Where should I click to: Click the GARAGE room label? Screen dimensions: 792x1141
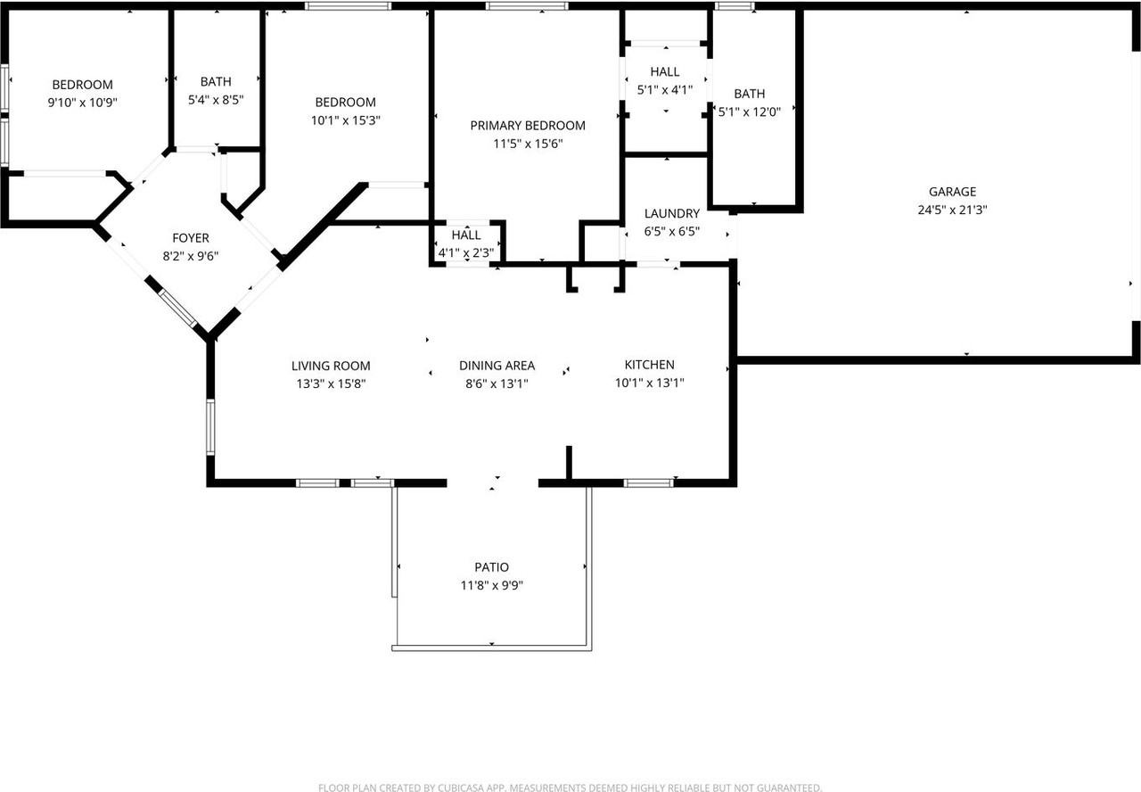coord(952,192)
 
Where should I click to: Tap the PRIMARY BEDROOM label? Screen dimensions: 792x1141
coord(528,126)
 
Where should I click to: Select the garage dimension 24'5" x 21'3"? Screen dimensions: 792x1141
coord(952,210)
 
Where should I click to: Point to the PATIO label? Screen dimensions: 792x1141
coord(491,567)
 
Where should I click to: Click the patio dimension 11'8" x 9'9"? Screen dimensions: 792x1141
coord(491,586)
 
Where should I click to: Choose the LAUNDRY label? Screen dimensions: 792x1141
coord(671,214)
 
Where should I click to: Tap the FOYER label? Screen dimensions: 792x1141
coord(191,238)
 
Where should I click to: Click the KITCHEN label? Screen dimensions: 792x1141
coord(649,365)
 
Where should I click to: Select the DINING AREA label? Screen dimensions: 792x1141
coord(497,366)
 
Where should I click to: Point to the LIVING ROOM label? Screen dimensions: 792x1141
coord(331,366)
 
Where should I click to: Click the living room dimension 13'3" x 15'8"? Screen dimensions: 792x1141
coord(331,384)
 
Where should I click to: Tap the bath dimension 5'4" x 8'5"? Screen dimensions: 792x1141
coord(215,101)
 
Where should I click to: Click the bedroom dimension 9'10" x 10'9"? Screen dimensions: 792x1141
coord(82,103)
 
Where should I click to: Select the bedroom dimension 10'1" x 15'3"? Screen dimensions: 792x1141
coord(345,120)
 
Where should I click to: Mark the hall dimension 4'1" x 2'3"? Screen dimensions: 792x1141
coord(465,253)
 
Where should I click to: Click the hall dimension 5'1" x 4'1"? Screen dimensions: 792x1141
coord(664,89)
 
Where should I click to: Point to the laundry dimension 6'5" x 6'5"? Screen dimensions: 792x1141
coord(671,232)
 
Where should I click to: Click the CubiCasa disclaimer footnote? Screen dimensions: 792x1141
coord(570,788)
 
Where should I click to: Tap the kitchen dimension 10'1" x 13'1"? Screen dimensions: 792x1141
coord(649,384)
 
